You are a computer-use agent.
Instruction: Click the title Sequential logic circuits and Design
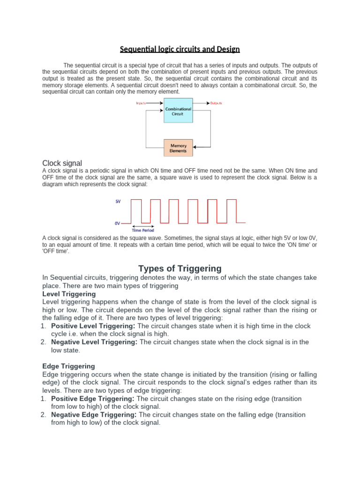coord(180,49)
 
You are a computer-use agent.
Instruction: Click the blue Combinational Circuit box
coord(178,110)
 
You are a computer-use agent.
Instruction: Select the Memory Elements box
coord(178,148)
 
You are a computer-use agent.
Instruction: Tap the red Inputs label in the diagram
coord(141,103)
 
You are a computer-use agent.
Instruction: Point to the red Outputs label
coord(216,103)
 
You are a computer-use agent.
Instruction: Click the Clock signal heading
coord(62,163)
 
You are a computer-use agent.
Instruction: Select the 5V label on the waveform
coord(118,202)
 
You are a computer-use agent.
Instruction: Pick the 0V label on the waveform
coord(118,223)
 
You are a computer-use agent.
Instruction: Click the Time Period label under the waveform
coord(143,230)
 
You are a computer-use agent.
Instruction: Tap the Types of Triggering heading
coord(180,269)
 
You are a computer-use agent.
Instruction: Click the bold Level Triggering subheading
coord(69,294)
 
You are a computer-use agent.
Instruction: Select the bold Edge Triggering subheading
coord(68,366)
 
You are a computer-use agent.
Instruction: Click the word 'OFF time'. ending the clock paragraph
coord(55,251)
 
